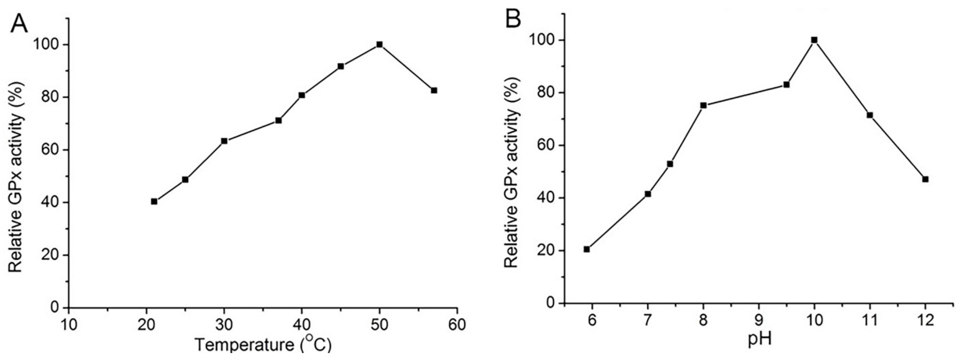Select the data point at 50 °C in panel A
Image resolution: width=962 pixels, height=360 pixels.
[x=379, y=44]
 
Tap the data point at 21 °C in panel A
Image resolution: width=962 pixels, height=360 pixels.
[x=154, y=201]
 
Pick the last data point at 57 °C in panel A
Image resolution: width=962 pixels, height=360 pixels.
[x=434, y=90]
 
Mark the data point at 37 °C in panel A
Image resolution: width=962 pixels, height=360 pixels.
[x=278, y=120]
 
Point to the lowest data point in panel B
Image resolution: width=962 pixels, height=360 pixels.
[x=587, y=249]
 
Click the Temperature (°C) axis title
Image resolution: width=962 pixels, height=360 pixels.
[x=263, y=345]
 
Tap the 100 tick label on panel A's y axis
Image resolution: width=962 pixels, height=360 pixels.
[x=47, y=45]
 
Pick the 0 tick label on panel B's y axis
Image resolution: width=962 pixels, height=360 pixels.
[x=550, y=303]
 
